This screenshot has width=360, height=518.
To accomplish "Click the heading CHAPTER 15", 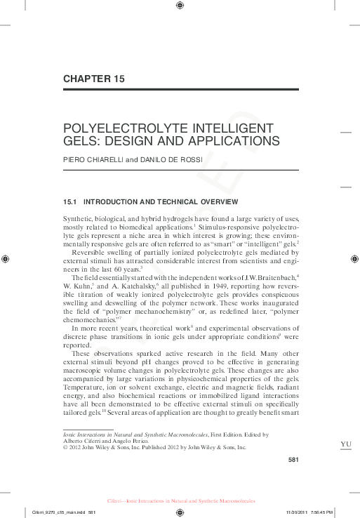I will pos(93,79).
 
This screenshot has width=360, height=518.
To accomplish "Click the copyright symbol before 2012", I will pos(65,446).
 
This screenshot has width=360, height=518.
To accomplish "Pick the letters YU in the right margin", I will pos(345,444).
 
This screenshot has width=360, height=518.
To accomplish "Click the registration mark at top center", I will pos(180,6).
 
